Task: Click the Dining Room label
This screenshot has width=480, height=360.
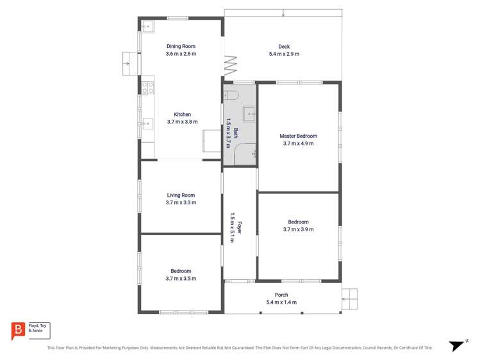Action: (181, 46)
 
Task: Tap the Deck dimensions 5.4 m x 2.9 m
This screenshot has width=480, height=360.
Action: (284, 54)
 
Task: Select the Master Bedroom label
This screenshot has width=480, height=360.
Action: (298, 136)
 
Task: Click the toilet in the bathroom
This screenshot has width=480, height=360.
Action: (231, 96)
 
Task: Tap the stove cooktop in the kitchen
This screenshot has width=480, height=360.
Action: (147, 85)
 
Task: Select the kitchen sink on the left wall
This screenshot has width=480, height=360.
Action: (147, 122)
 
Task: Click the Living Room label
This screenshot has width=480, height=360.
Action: (181, 195)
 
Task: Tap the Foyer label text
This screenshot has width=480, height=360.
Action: (239, 228)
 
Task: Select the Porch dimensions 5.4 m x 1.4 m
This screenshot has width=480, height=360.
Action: (281, 302)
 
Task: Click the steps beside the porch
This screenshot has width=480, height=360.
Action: (349, 298)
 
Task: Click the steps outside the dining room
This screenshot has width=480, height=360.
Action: (126, 63)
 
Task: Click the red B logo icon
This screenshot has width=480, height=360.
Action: (17, 331)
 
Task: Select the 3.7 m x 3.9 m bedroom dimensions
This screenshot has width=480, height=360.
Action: (298, 229)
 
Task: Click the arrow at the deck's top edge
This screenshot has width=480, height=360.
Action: (283, 13)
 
